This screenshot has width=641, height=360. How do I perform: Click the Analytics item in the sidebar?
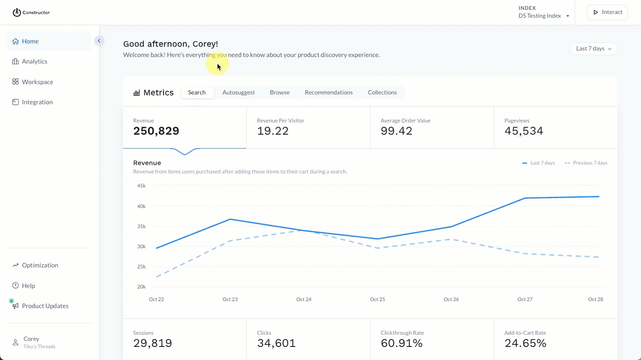tap(34, 61)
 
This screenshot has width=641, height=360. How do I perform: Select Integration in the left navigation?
tap(37, 102)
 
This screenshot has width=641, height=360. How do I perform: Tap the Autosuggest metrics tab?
tap(238, 93)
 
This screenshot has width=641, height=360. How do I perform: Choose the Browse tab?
tap(279, 93)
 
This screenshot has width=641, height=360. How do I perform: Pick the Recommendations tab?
tap(328, 93)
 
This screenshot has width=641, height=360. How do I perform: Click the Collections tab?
tap(382, 93)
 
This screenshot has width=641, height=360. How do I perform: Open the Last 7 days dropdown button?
tap(593, 49)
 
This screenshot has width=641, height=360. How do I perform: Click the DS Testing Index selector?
tap(543, 16)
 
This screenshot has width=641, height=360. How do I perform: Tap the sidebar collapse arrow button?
tap(99, 41)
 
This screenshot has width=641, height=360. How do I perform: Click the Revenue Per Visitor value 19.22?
tap(272, 131)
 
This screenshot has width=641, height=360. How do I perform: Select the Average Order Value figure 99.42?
tap(396, 131)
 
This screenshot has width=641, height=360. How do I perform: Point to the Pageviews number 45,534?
tap(523, 131)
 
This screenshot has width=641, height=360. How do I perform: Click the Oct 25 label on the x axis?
tap(377, 299)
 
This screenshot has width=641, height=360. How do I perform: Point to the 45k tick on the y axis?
tap(141, 186)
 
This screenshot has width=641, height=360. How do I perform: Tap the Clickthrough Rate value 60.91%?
tap(401, 343)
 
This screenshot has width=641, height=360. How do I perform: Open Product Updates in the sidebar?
tap(45, 306)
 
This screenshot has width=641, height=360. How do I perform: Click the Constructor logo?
tap(31, 12)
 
